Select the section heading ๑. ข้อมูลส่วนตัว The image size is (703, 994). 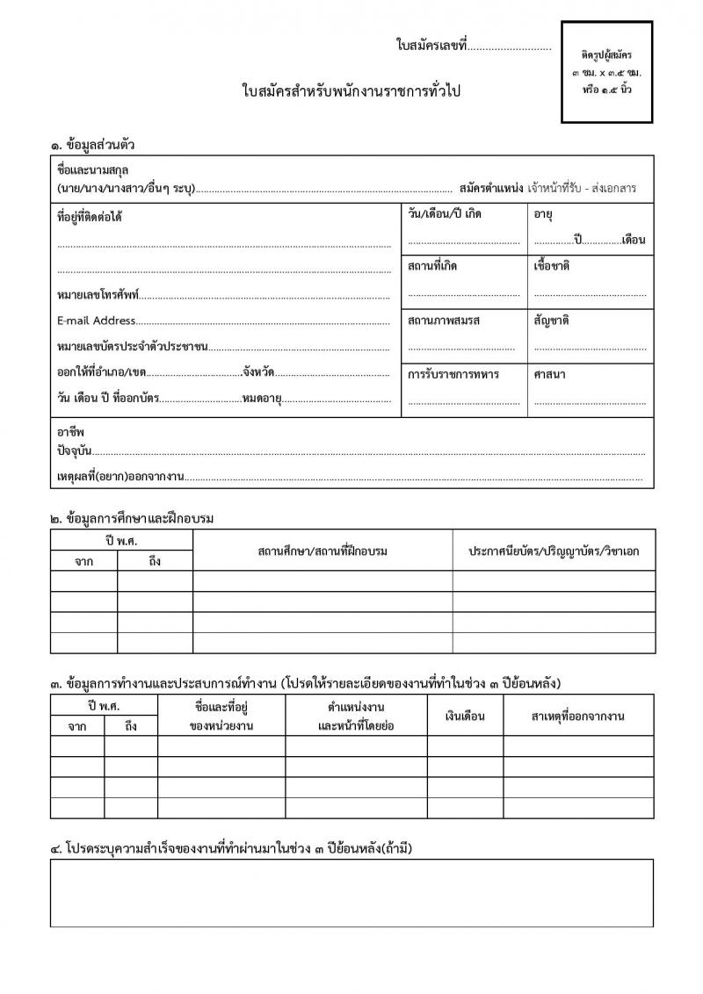[92, 144]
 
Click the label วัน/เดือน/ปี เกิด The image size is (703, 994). [445, 213]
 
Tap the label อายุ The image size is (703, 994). [543, 213]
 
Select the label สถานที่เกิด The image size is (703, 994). [432, 266]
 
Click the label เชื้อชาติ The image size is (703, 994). [552, 266]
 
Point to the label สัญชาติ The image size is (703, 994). [551, 321]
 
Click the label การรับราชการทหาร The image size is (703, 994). [453, 374]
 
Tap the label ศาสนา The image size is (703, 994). [549, 374]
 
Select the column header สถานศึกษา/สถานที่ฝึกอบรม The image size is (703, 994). [323, 551]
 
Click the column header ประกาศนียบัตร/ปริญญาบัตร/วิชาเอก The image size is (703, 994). [554, 551]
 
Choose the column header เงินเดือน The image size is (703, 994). [465, 717]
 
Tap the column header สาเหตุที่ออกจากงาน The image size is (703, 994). [578, 717]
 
